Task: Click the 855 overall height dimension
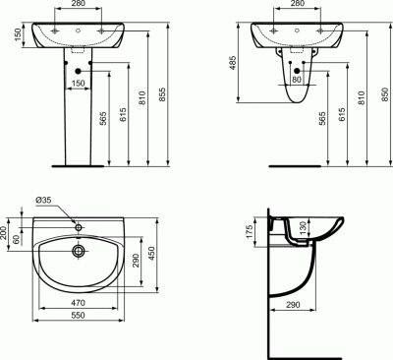[163, 94]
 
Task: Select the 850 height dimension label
[385, 94]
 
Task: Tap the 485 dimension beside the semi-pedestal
[233, 63]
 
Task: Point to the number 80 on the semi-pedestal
[296, 80]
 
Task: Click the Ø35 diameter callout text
[43, 200]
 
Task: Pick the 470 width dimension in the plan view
[78, 303]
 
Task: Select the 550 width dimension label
[78, 315]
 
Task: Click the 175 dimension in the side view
[250, 231]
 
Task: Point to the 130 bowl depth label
[303, 227]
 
